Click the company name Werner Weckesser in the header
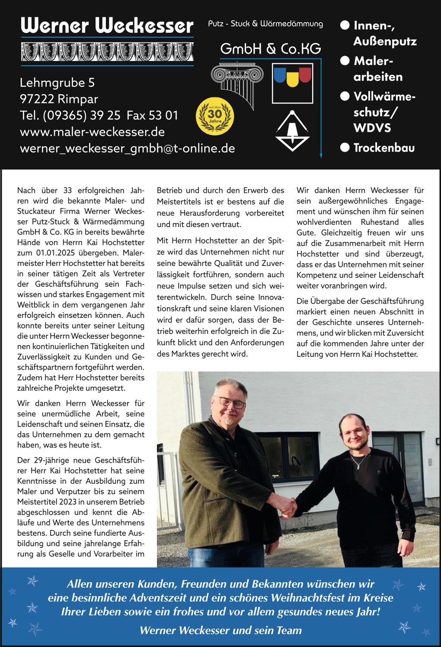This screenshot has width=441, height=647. coord(107,26)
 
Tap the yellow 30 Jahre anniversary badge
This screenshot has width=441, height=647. coord(215,116)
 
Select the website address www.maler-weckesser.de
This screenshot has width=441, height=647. coord(92,132)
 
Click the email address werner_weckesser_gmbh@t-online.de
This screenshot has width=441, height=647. coord(128,148)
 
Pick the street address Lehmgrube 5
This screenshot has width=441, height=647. coord(57,83)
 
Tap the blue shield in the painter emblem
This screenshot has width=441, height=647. coord(280,75)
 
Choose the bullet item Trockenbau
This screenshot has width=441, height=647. coord(383,148)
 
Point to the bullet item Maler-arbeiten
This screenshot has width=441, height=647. coord(377,69)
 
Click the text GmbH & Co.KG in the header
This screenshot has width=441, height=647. coord(271,49)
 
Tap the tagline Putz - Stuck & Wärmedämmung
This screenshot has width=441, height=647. coord(265,24)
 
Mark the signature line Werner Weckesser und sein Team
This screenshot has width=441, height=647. coord(220,630)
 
